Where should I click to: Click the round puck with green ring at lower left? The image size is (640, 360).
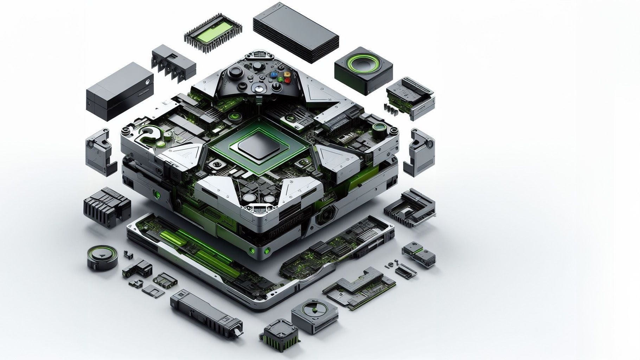(102, 257)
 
